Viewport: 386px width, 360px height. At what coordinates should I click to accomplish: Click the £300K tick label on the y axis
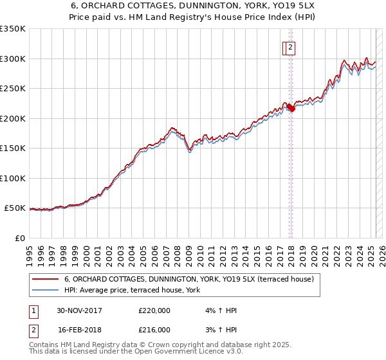13,59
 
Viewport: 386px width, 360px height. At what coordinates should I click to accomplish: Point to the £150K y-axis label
13,148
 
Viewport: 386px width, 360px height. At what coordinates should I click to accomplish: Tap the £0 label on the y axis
21,238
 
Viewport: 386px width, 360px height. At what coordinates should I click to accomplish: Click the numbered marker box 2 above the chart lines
290,47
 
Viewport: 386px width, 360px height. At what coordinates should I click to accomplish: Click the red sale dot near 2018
291,108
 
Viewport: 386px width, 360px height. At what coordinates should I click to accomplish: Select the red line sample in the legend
44,279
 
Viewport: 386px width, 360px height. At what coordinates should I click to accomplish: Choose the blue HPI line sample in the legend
44,290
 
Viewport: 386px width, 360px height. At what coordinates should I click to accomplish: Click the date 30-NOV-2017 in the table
79,310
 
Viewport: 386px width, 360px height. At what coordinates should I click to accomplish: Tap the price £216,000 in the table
154,330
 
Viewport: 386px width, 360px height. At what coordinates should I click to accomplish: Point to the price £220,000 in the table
154,310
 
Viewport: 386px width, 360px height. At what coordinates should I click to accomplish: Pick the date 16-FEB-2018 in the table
79,330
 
